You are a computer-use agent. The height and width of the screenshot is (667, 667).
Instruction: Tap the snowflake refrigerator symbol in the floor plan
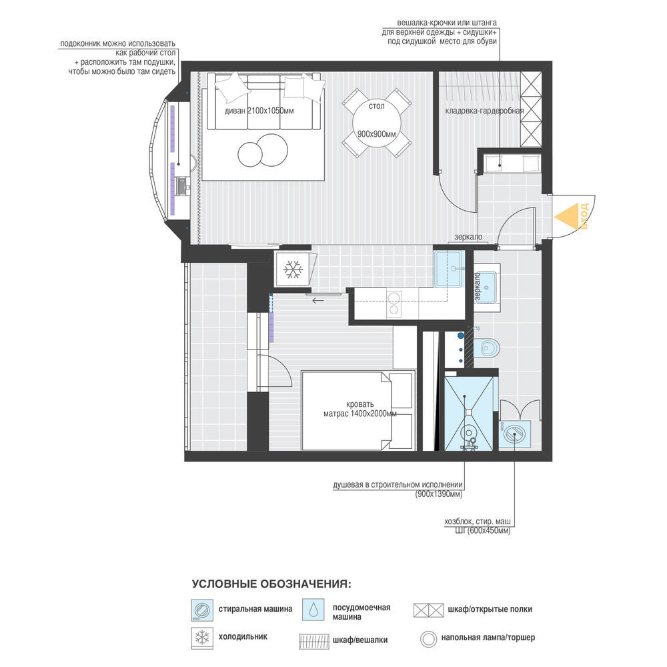coord(293,269)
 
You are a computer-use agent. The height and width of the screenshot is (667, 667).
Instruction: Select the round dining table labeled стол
coord(377,123)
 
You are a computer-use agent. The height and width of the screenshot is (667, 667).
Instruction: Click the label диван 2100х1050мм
coord(259,111)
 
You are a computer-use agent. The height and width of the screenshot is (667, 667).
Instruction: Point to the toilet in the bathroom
coord(486,348)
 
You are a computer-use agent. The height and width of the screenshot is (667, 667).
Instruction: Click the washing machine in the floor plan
coord(514,434)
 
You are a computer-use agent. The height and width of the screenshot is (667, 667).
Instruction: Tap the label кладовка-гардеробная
coord(484,111)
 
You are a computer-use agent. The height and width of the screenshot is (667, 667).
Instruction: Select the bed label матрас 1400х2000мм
coord(360,414)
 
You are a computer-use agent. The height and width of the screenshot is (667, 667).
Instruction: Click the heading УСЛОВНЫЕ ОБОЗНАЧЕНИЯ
coord(271,584)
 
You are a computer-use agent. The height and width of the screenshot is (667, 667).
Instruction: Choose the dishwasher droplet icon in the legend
coord(313,610)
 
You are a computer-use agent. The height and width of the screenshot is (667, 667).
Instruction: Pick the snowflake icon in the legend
coord(202,638)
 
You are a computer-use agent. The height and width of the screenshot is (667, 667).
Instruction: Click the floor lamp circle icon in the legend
coord(428,639)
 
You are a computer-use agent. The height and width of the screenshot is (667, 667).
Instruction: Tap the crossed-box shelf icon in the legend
coord(428,610)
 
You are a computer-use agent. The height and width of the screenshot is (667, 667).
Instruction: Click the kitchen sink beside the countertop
coord(448,269)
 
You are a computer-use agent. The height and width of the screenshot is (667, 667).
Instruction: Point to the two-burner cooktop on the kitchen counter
coord(394,303)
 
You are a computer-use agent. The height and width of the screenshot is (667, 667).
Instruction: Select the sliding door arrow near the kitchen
coord(317,301)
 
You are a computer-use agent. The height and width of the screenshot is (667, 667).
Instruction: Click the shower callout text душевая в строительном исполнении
coord(398,484)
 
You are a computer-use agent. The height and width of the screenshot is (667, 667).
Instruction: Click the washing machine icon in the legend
coord(202,610)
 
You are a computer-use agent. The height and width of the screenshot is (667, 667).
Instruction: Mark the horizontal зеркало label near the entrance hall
coord(468,237)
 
